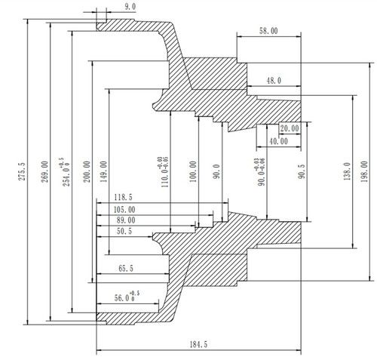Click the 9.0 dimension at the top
[130, 7]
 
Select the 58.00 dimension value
[267, 31]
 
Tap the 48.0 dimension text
[273, 79]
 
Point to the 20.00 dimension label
[289, 128]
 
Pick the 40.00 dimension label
[277, 141]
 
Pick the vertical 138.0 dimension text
[347, 171]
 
